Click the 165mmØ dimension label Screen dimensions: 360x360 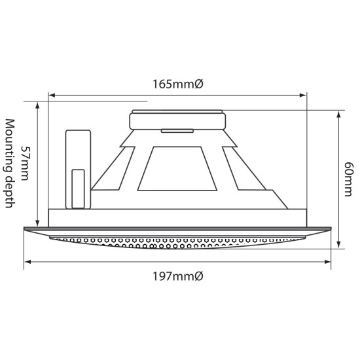click(179, 84)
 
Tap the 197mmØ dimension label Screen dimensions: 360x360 click(179, 276)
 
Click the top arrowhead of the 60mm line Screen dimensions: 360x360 click(338, 113)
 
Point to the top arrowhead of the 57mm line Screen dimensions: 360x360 click(39, 105)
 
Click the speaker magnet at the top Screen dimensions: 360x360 click(179, 120)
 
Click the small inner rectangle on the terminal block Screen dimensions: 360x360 click(78, 189)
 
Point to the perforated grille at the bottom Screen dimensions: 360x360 click(179, 242)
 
